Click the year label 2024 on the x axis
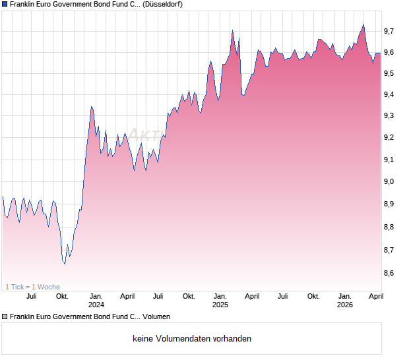[x=96, y=305]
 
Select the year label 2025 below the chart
[x=220, y=305]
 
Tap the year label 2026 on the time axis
[x=344, y=305]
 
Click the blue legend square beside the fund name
[x=5, y=5]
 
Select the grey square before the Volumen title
[x=5, y=317]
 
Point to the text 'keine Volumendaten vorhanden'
[x=192, y=339]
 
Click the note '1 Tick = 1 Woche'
[x=32, y=287]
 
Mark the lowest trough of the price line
[x=64, y=264]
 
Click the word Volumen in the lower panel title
[x=156, y=317]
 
